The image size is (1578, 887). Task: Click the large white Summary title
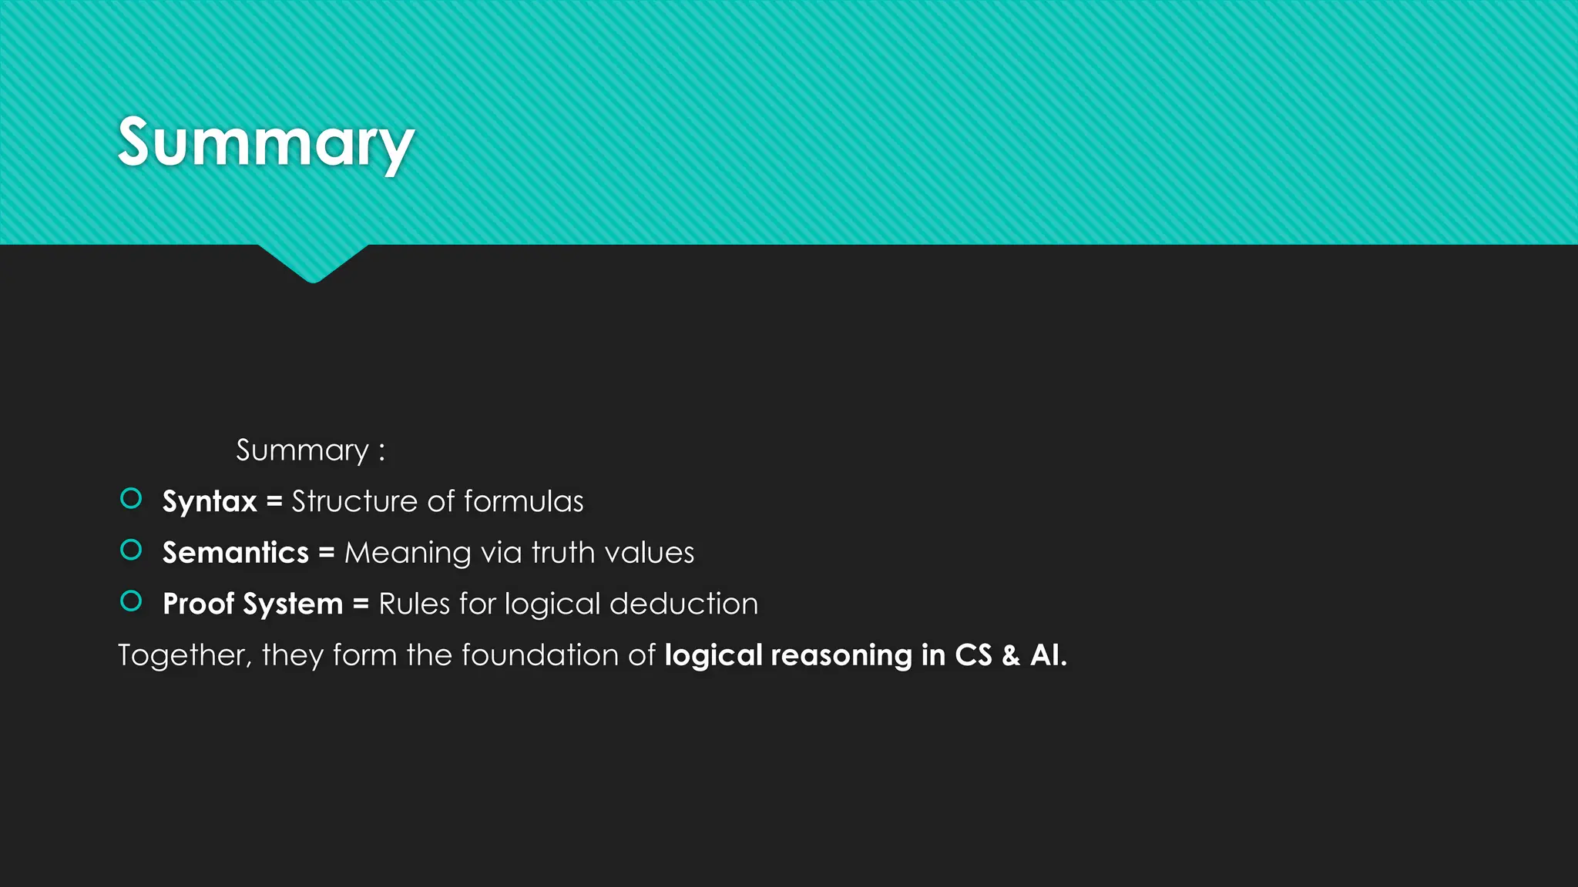pyautogui.click(x=266, y=142)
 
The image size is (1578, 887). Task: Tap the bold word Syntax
pyautogui.click(x=210, y=502)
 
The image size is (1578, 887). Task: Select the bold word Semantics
pyautogui.click(x=235, y=553)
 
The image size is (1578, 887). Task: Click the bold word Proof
pyautogui.click(x=198, y=604)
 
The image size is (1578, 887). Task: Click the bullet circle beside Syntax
pyautogui.click(x=131, y=499)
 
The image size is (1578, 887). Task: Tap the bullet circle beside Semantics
pyautogui.click(x=131, y=550)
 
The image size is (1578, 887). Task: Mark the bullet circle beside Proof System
pyautogui.click(x=131, y=601)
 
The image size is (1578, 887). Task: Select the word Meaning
pyautogui.click(x=408, y=553)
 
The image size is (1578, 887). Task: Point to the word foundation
pyautogui.click(x=539, y=655)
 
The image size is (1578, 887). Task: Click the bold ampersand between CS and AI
pyautogui.click(x=1011, y=655)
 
